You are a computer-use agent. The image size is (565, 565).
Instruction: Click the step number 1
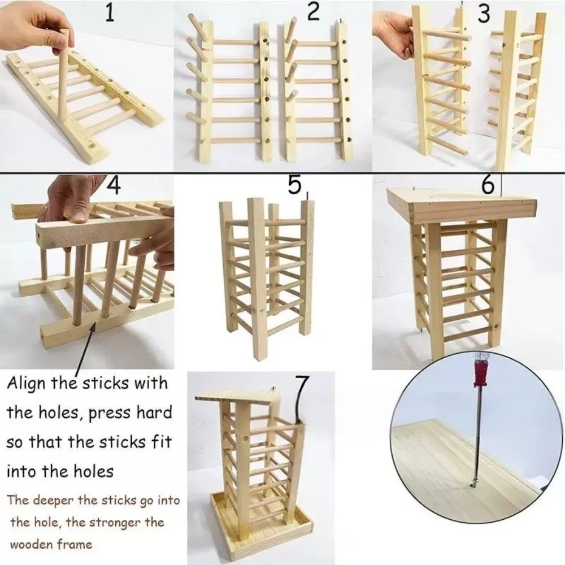110,14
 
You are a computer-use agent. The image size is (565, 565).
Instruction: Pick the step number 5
293,186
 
